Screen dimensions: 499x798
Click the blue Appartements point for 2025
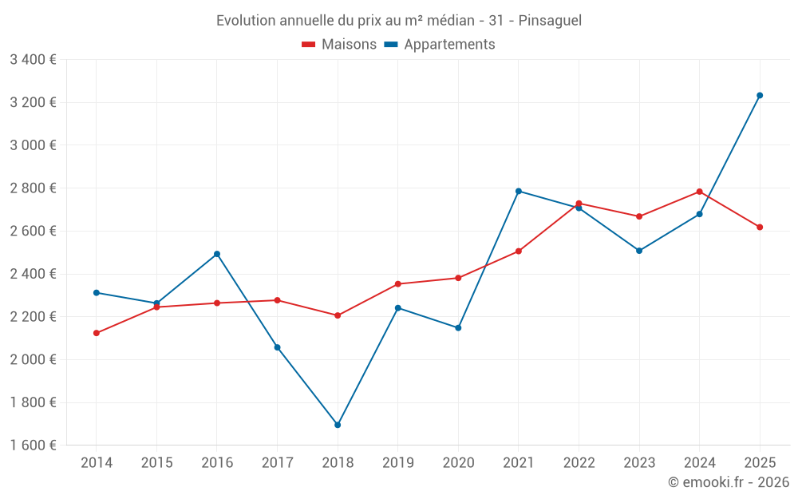(760, 96)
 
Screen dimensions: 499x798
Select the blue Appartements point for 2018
(338, 425)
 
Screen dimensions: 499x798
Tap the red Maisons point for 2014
(97, 333)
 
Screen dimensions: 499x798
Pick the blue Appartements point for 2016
(217, 254)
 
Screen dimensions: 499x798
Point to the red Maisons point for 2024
(699, 192)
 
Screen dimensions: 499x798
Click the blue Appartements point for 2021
(519, 191)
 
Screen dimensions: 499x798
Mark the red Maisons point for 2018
(338, 315)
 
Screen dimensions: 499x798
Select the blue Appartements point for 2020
(458, 327)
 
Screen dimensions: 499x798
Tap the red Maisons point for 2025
(760, 227)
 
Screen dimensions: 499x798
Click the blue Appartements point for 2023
(639, 251)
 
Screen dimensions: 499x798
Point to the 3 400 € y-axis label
(33, 60)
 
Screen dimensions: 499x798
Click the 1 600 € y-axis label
(33, 446)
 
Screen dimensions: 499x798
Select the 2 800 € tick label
(33, 188)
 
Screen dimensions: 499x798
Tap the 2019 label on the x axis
(397, 462)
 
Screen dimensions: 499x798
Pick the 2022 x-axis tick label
(579, 462)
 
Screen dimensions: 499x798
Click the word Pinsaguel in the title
(550, 20)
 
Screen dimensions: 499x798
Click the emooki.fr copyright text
(728, 482)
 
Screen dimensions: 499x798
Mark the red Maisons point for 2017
(277, 300)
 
